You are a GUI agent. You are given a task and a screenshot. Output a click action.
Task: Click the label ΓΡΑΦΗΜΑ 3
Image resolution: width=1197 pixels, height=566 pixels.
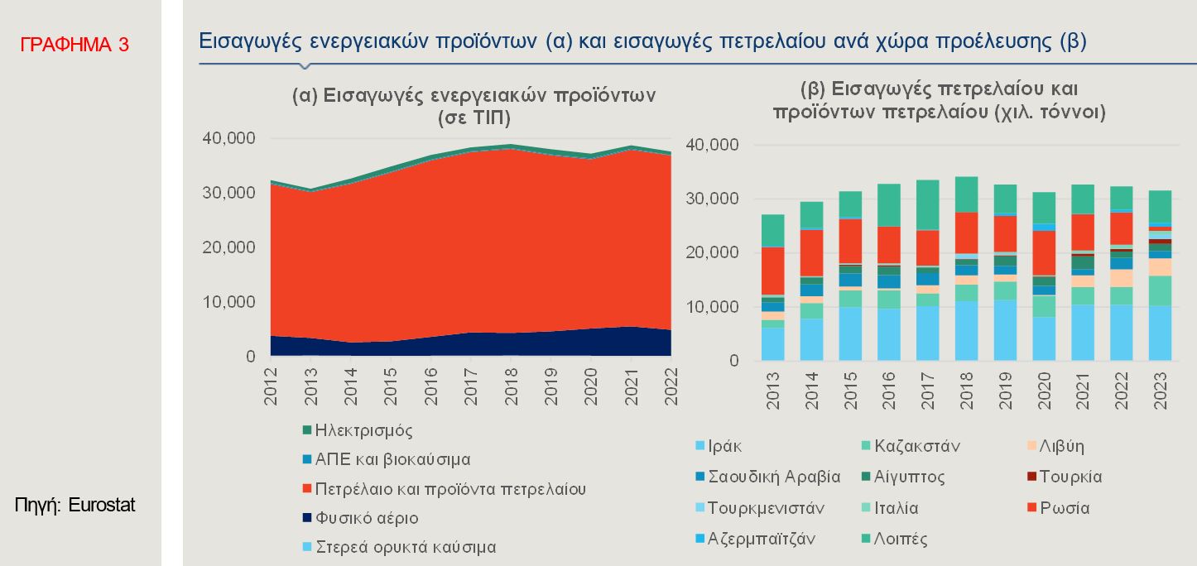point(75,45)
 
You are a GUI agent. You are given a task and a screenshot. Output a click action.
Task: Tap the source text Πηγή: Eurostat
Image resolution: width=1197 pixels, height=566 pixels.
point(75,504)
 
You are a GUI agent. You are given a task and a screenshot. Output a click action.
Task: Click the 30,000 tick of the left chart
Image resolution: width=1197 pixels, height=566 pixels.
point(228,193)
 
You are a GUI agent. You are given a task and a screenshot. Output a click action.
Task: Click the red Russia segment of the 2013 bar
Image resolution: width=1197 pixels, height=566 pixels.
point(772,270)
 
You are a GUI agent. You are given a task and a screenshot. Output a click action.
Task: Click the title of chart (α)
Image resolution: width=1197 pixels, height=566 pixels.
point(474,106)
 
